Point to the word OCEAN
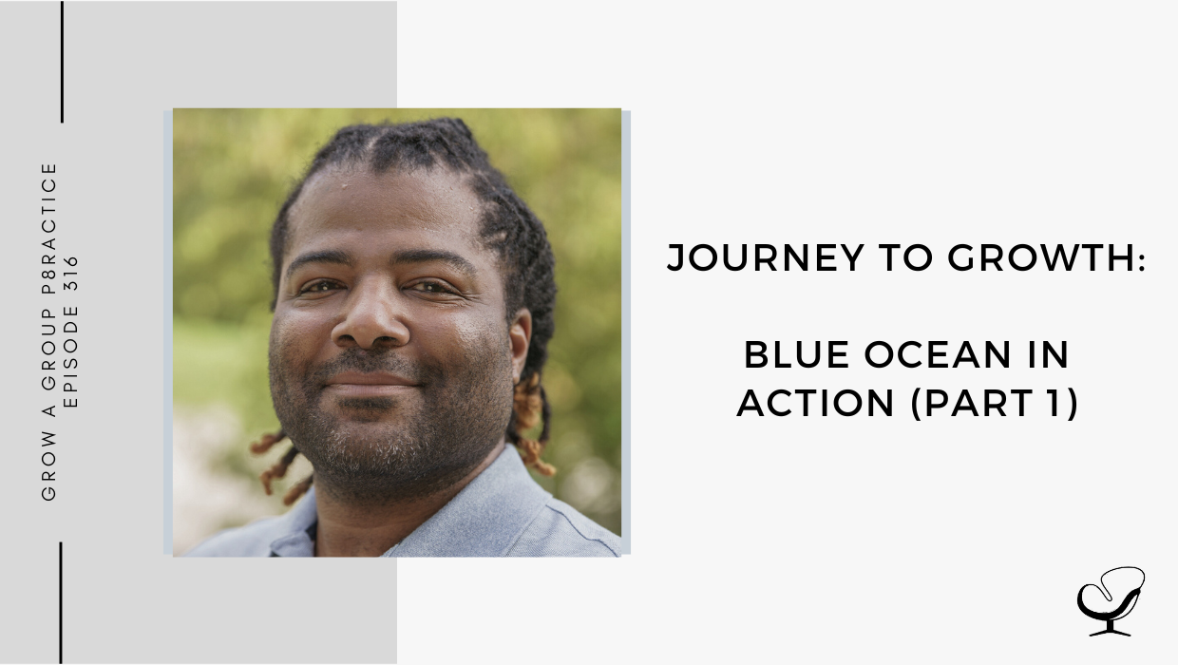pyautogui.click(x=938, y=355)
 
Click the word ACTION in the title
pyautogui.click(x=816, y=403)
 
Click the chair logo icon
pyautogui.click(x=1111, y=600)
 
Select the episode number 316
pyautogui.click(x=71, y=274)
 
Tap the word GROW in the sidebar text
pyautogui.click(x=48, y=465)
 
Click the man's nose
pyautogui.click(x=370, y=321)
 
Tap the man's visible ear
pyautogui.click(x=521, y=344)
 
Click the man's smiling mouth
pyautogui.click(x=370, y=381)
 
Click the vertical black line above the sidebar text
pyautogui.click(x=62, y=62)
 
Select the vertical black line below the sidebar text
pyautogui.click(x=61, y=603)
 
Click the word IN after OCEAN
pyautogui.click(x=1049, y=355)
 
